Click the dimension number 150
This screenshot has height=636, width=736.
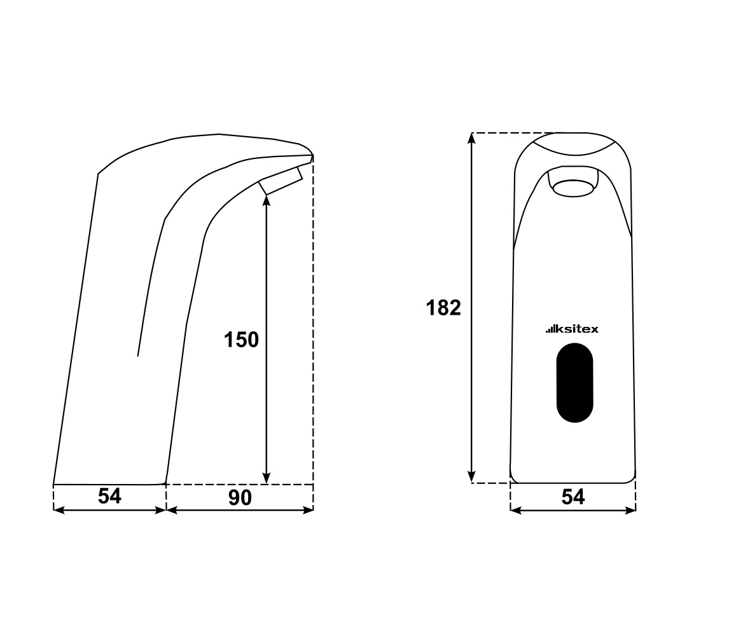point(241,340)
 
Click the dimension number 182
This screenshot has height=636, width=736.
point(443,308)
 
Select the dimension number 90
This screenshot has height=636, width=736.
point(240,497)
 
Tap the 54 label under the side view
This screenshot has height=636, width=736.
point(109,496)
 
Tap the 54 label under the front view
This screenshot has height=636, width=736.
point(573,497)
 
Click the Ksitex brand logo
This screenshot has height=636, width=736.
point(572,329)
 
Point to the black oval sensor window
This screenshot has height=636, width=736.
point(574,382)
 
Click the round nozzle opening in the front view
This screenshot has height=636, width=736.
point(573,188)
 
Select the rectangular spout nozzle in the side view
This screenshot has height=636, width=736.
point(281,180)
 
